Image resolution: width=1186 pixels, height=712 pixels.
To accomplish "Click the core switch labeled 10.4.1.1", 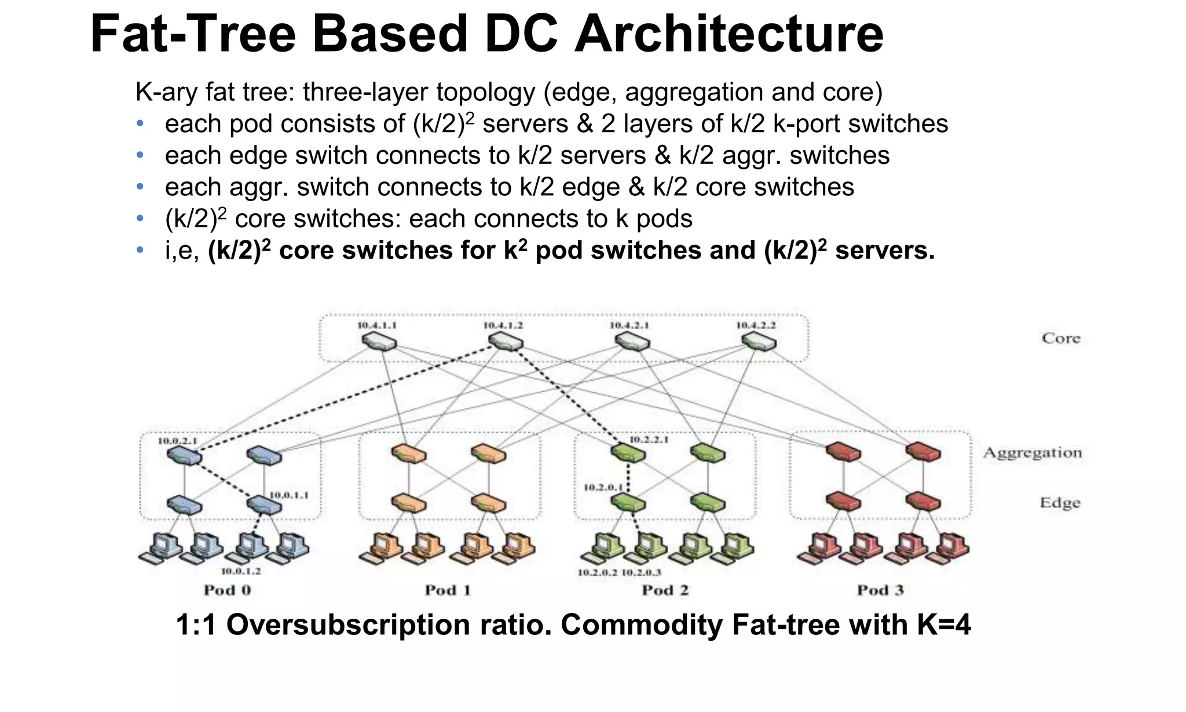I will coord(379,342).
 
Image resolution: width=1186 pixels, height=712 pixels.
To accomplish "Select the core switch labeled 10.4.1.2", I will coord(506,342).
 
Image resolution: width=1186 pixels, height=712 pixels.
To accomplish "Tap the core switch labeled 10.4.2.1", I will coord(632,342).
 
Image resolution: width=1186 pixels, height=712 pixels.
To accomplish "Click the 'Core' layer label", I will coord(1061,338).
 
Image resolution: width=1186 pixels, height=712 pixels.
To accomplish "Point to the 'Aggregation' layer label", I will coord(1033,453).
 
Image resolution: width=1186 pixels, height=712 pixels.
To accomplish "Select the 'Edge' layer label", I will coord(1060,503).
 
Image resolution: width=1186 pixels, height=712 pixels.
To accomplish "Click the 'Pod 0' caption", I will coord(227,590).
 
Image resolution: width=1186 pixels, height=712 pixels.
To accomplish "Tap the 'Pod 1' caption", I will coord(448,590).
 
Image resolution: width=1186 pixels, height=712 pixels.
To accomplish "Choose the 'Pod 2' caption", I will coord(665,590).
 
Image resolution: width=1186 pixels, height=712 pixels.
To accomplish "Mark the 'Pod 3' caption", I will coord(880,590).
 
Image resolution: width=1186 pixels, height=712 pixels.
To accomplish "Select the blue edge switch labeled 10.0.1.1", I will coord(264,505).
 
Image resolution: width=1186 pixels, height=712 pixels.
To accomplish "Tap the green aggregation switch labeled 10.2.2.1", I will coord(629,452).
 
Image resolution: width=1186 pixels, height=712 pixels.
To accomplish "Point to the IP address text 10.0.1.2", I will coord(241,571).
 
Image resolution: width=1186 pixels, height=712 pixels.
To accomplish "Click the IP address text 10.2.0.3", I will coord(641,573).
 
